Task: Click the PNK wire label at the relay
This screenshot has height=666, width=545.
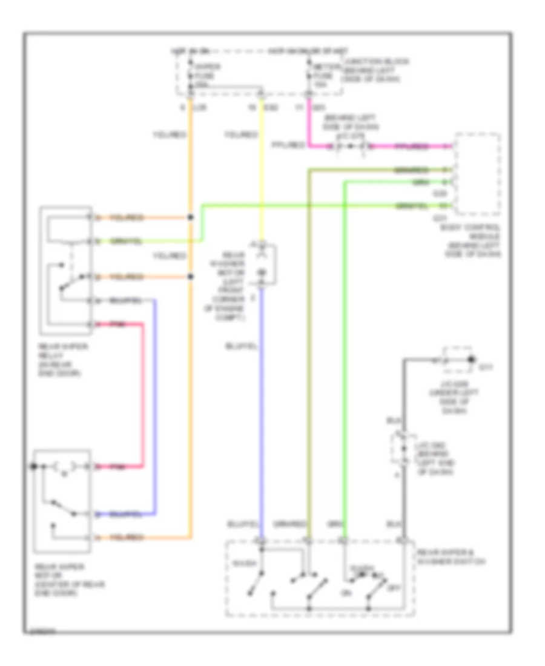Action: point(118,325)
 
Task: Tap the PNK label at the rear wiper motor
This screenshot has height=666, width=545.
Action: point(118,467)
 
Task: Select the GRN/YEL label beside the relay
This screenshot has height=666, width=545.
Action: point(127,241)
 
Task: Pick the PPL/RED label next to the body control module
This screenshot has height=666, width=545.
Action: point(412,147)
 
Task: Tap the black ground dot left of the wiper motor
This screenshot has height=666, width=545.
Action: point(35,467)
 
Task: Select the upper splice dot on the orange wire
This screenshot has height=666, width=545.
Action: point(191,217)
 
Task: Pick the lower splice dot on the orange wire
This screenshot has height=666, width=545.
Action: point(191,277)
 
